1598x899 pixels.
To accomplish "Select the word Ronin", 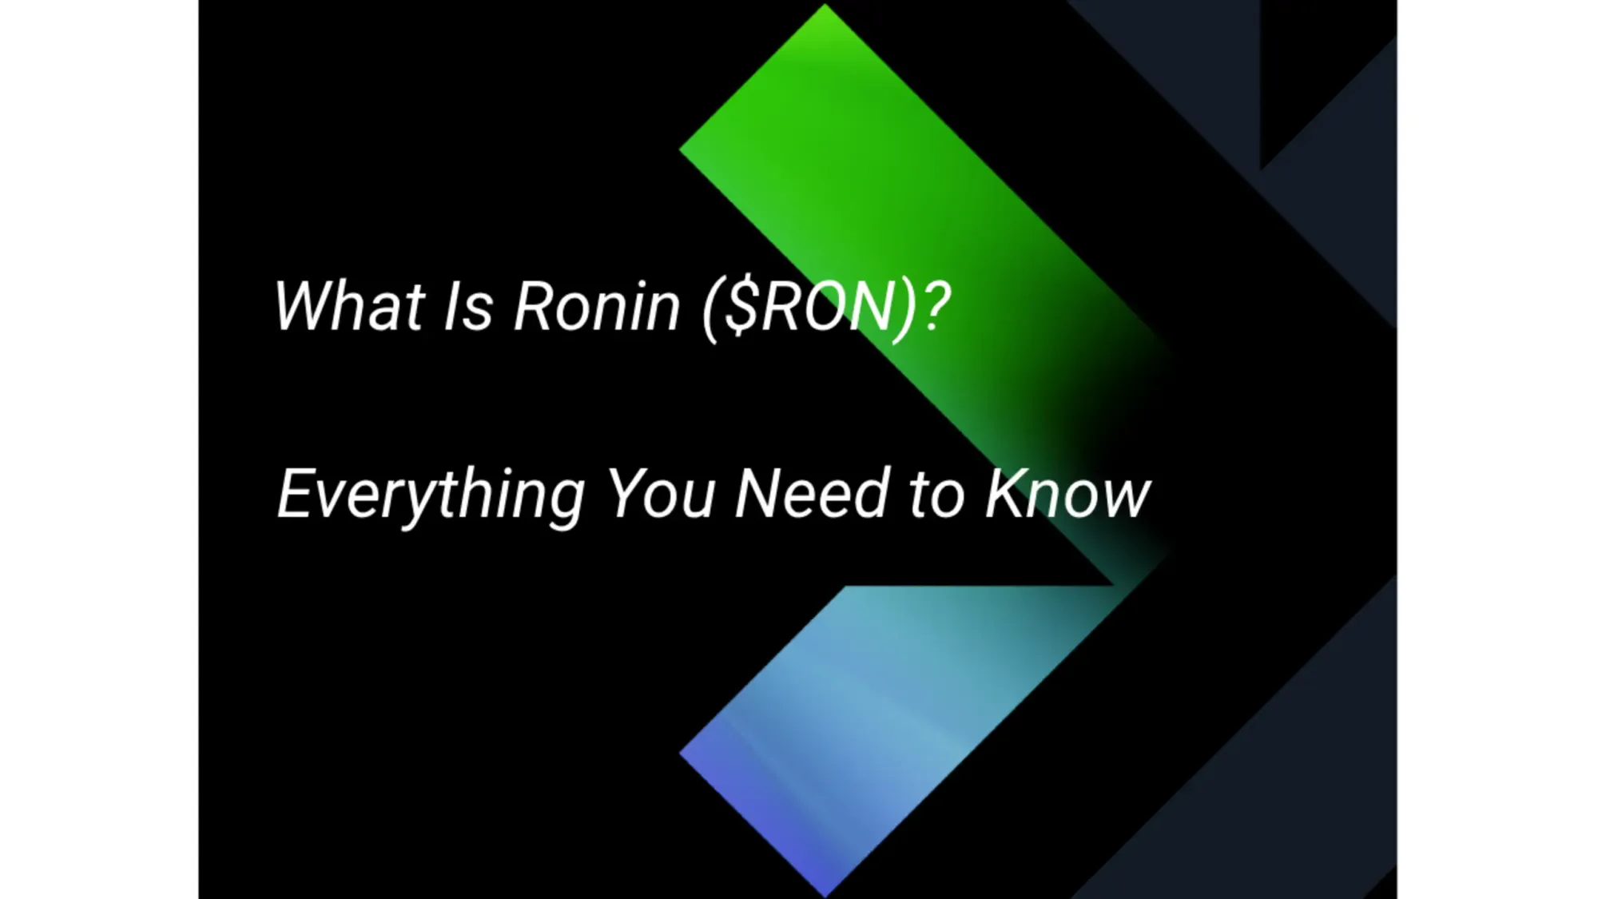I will click(x=596, y=306).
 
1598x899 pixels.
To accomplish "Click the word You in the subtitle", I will click(x=660, y=493).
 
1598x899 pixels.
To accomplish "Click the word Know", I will click(x=1067, y=493).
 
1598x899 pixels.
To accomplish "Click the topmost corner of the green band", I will click(x=825, y=6).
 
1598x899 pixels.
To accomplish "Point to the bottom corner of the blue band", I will click(x=825, y=894).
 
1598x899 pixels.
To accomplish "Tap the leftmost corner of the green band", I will click(x=682, y=149).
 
